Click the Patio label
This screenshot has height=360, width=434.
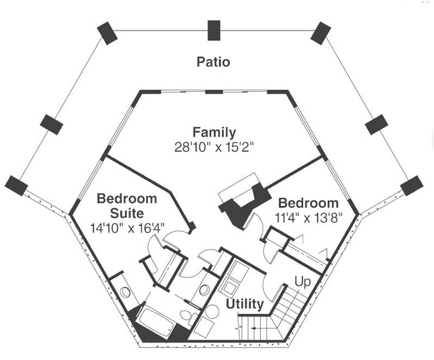[x=213, y=62]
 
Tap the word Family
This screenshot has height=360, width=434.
[x=214, y=132]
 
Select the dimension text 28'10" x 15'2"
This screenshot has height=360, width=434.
[x=214, y=147]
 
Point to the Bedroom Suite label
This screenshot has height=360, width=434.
[x=127, y=205]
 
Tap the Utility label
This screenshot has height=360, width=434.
[x=245, y=304]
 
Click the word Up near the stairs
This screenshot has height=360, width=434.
[x=302, y=281]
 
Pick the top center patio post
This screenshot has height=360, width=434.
[x=214, y=30]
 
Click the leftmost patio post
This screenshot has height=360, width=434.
[x=16, y=186]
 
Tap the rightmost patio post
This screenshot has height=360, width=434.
[x=412, y=186]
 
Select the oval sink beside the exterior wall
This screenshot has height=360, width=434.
[x=125, y=292]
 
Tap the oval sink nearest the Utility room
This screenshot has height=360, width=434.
[x=204, y=289]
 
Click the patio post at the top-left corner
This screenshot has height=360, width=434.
[x=106, y=33]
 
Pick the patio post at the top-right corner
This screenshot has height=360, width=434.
[x=321, y=32]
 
